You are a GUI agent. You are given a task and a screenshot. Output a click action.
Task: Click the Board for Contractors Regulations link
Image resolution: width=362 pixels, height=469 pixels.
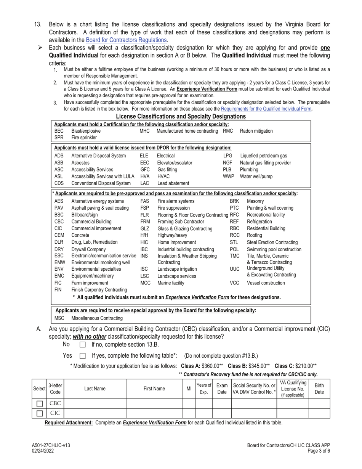coord(126,40)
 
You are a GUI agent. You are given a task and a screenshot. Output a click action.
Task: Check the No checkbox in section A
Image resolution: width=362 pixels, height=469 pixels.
coord(82,345)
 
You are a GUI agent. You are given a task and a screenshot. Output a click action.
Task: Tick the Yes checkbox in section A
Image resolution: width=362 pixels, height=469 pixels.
coord(82,356)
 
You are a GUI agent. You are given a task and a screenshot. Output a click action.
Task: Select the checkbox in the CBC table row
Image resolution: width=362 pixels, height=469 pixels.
coord(39,403)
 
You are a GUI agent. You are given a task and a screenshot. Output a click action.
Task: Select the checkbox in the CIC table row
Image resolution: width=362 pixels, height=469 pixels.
coord(39,413)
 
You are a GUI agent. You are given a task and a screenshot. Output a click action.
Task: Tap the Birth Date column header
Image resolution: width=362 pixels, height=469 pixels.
coord(319,389)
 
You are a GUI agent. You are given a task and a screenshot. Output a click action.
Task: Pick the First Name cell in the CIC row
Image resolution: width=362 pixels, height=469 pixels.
coord(154,413)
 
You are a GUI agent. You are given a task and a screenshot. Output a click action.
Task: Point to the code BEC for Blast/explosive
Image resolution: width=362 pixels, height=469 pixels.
coord(59,131)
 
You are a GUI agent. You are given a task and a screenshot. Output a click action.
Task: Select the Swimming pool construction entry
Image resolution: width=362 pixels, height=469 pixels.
coord(274,250)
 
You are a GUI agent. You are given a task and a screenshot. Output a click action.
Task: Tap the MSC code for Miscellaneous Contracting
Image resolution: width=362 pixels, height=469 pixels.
coord(59,318)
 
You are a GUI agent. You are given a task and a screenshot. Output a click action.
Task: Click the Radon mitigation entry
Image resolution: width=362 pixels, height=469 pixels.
coord(256,131)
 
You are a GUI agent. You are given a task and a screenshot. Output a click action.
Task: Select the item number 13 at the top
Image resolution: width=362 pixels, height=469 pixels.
coord(37,25)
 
